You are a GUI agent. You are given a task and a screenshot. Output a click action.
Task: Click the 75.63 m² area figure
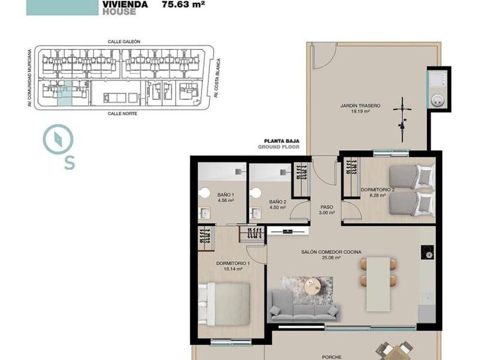point(183,5)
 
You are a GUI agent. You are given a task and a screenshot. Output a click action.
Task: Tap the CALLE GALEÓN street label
point(124,42)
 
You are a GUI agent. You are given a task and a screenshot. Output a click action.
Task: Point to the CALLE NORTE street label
point(122,114)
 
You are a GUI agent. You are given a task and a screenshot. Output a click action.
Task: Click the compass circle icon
point(58,139)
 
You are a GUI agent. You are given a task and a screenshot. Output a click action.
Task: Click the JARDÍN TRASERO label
point(361,106)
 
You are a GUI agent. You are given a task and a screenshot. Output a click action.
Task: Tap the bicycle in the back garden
point(402,119)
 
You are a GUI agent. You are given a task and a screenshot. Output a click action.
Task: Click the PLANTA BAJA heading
point(282,141)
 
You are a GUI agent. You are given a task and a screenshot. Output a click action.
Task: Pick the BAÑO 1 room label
point(226,195)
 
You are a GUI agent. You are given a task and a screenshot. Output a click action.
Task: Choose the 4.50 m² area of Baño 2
point(278,207)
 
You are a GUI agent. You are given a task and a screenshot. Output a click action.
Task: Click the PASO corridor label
point(327,207)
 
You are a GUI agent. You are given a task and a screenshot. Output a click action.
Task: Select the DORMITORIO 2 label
point(378,190)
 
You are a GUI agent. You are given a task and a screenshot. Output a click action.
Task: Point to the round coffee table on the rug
point(313,285)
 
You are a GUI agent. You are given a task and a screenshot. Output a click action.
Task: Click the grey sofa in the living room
point(304,306)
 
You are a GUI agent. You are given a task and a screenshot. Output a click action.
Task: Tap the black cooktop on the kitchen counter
point(427,252)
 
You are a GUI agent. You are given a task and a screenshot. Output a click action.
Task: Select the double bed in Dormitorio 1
point(224,304)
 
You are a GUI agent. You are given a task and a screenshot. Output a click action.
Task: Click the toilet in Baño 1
point(204,193)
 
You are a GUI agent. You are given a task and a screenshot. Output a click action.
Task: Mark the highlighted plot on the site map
point(65,93)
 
